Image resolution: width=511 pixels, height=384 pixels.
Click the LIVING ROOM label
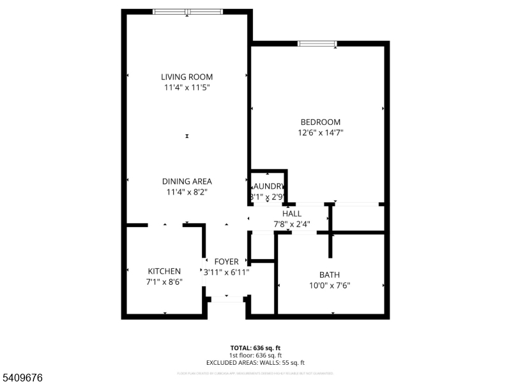[187, 77]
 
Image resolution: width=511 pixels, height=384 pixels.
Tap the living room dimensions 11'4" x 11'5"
[187, 88]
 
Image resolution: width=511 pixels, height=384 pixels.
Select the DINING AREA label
[187, 181]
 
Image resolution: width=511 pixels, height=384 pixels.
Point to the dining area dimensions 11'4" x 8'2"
[187, 191]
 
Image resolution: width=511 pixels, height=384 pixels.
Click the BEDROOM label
[320, 122]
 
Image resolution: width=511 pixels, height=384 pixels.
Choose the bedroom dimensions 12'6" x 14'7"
[320, 133]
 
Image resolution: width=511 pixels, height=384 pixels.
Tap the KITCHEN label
[164, 271]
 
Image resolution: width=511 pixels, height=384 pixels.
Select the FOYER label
[226, 262]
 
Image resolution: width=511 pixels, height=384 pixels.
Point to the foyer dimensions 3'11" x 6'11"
[226, 272]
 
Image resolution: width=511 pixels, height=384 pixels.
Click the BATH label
[330, 275]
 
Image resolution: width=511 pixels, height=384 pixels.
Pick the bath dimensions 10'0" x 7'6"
[330, 285]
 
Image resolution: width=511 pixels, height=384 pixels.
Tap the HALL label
[291, 214]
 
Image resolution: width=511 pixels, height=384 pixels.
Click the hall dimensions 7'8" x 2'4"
[291, 224]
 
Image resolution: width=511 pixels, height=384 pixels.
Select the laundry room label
[268, 187]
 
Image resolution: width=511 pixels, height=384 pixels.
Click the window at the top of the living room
[187, 12]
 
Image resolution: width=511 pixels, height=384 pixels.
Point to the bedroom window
[317, 44]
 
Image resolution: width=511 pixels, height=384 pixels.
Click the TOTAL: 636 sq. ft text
[256, 349]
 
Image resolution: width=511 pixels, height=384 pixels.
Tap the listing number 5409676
[22, 378]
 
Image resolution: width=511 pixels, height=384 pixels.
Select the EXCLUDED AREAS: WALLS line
[256, 363]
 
